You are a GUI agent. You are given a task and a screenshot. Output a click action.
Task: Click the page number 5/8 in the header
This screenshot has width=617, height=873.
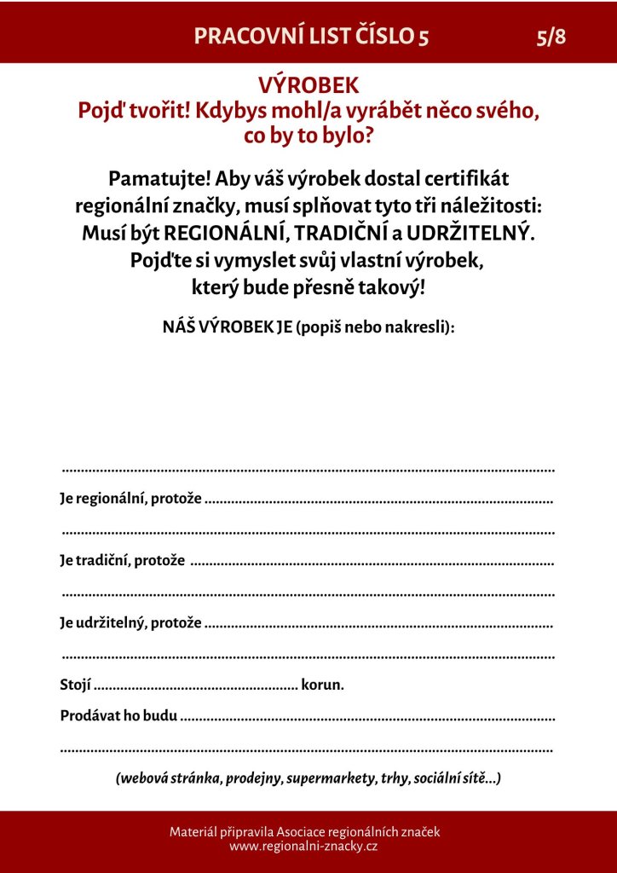point(551,37)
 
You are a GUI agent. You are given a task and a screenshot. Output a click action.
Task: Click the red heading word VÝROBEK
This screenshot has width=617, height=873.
point(308,85)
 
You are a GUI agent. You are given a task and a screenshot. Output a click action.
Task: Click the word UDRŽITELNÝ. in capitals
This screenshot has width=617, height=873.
point(470,233)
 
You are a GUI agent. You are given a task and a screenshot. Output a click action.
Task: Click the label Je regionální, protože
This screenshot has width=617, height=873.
point(130,499)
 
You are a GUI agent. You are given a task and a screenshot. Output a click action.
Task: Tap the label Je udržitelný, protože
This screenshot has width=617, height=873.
point(130,623)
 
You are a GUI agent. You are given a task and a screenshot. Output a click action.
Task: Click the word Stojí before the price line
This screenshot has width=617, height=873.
point(75,685)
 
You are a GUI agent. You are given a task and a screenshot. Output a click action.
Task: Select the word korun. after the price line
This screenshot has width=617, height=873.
point(323,685)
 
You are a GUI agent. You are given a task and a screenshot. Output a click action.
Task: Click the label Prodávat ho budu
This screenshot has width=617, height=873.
point(118,716)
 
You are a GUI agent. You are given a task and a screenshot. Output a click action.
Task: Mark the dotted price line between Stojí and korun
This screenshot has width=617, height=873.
point(196,686)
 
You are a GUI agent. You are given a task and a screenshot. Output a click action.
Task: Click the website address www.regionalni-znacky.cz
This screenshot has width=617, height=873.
point(303,847)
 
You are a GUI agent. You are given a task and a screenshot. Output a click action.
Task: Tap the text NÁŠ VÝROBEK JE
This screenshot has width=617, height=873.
point(228,327)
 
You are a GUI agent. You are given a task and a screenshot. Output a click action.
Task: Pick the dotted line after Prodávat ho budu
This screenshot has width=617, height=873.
point(368,718)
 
